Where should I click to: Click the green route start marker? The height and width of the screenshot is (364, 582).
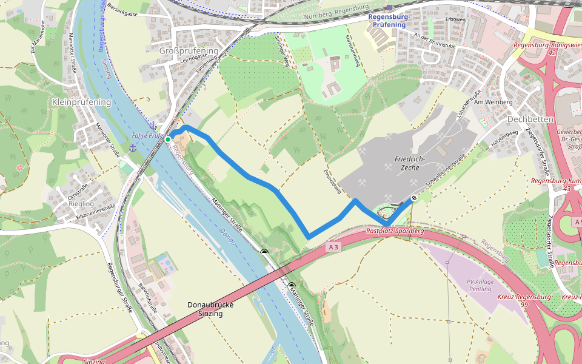coord(168,139)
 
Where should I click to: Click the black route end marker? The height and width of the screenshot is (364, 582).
coord(414,198)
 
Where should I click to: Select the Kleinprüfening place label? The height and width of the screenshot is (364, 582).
coord(82,102)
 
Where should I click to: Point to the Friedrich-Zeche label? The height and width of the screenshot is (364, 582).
coord(410,164)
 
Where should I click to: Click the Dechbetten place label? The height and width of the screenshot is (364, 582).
coord(530,120)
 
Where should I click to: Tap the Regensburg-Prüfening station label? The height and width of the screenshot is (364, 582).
coord(389,21)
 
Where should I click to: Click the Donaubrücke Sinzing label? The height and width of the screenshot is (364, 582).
coord(210,309)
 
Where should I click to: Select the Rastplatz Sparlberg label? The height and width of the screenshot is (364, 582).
coord(395,231)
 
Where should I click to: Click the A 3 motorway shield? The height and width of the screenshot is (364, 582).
coord(332,247)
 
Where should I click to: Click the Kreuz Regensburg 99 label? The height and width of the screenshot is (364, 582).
coord(524,300)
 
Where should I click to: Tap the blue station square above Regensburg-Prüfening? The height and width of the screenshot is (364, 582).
coord(389,8)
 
